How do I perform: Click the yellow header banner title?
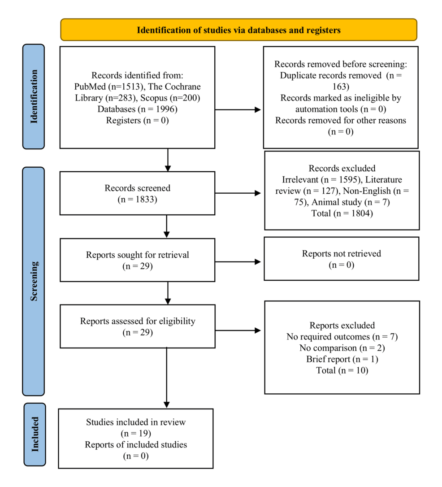pyautogui.click(x=238, y=30)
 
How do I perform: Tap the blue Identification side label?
pyautogui.click(x=34, y=96)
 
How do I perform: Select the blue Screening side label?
pyautogui.click(x=34, y=281)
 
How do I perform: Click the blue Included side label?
pyautogui.click(x=34, y=434)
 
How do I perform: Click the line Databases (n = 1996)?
pyautogui.click(x=137, y=109)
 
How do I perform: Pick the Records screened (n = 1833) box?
pyautogui.click(x=137, y=193)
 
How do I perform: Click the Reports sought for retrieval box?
pyautogui.click(x=137, y=260)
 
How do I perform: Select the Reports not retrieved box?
pyautogui.click(x=341, y=259)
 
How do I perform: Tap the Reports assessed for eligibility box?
pyautogui.click(x=137, y=326)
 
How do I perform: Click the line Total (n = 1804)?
pyautogui.click(x=342, y=213)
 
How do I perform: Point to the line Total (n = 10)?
pyautogui.click(x=342, y=370)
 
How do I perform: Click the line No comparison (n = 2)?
pyautogui.click(x=342, y=348)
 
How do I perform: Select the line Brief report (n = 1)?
pyautogui.click(x=342, y=359)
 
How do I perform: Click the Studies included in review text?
pyautogui.click(x=135, y=422)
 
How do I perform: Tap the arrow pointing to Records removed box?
pyautogui.click(x=238, y=109)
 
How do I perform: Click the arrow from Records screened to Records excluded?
pyautogui.click(x=238, y=193)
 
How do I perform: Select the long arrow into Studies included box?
pyautogui.click(x=167, y=377)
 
